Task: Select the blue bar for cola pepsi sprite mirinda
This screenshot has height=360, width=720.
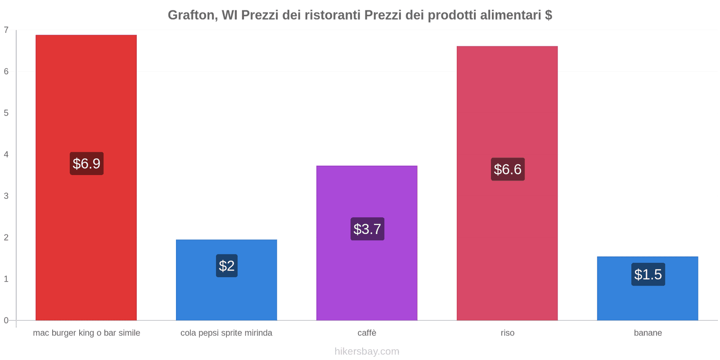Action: (226, 297)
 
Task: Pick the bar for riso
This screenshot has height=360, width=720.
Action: (507, 99)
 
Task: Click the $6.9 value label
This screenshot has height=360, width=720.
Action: (86, 163)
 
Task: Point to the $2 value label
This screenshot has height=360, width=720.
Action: (227, 265)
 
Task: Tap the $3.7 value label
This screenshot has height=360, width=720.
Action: (367, 229)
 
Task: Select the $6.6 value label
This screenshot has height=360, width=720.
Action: (508, 169)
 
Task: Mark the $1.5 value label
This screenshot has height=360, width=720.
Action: (648, 274)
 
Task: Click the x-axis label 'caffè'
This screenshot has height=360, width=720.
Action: (367, 333)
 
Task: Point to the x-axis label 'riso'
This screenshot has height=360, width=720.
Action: (507, 333)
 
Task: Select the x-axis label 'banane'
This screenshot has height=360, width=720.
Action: (648, 333)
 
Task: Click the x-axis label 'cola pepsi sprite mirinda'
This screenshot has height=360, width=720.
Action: (226, 333)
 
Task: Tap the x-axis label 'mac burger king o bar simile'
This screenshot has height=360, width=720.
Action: (86, 333)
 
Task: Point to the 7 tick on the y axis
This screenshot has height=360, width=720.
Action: (6, 30)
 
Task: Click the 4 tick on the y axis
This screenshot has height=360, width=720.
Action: (6, 154)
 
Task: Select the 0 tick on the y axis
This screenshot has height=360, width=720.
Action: (6, 320)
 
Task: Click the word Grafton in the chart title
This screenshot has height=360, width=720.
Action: (191, 15)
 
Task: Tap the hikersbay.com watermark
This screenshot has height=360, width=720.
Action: (367, 351)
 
